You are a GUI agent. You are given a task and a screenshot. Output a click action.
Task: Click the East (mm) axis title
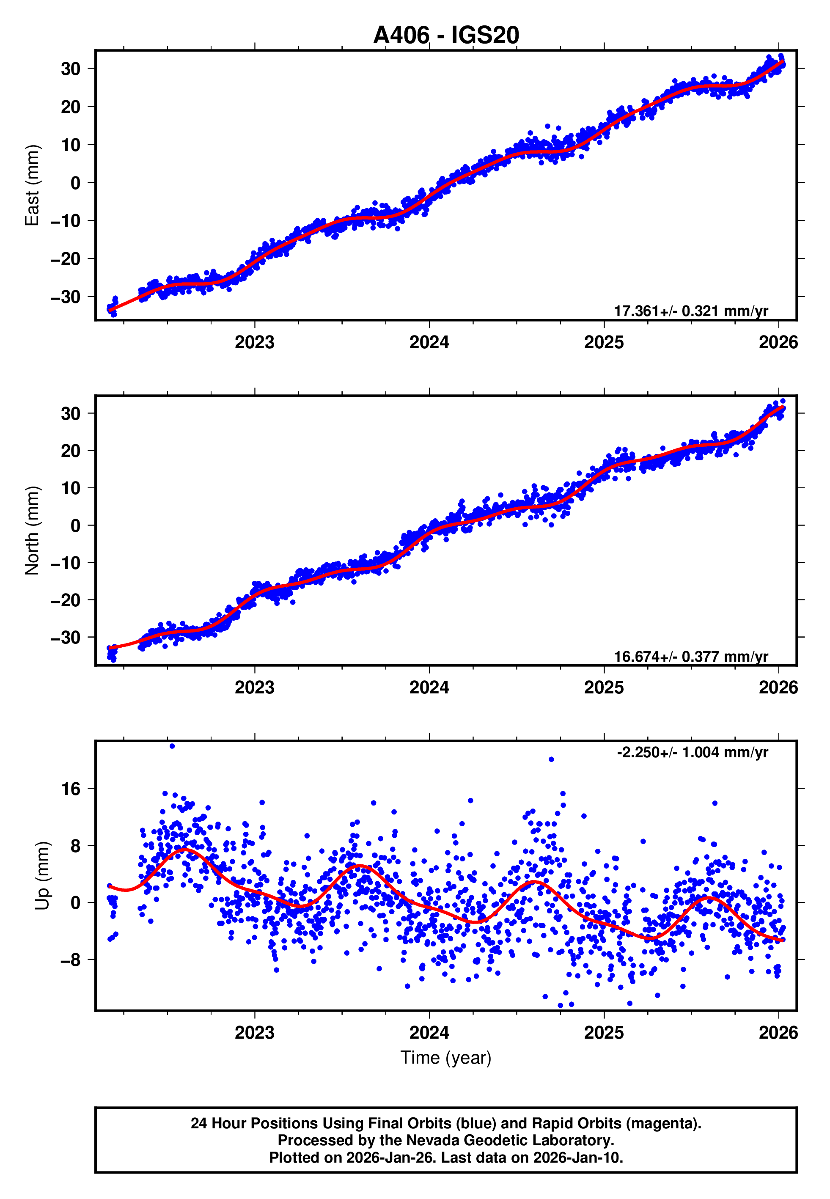(x=32, y=185)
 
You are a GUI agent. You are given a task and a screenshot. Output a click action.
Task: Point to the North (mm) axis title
(x=32, y=531)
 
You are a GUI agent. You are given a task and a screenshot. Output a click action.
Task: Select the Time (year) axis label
(x=446, y=1058)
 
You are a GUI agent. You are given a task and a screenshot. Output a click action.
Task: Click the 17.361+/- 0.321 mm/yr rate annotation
(x=691, y=311)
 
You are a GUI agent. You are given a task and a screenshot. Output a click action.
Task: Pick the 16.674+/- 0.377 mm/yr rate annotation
(x=691, y=656)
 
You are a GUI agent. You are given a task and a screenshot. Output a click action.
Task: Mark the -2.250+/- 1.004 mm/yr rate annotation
(x=692, y=752)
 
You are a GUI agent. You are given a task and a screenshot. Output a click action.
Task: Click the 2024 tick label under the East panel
(x=429, y=342)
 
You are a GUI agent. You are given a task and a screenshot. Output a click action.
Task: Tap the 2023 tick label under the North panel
(x=254, y=687)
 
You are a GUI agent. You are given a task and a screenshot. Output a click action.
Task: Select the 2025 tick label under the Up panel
(x=604, y=1032)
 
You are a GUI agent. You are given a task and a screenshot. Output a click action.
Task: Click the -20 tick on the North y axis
(x=66, y=600)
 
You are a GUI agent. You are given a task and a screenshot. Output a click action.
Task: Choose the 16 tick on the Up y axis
(x=71, y=789)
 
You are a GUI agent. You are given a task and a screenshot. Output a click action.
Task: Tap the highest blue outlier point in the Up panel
(x=172, y=746)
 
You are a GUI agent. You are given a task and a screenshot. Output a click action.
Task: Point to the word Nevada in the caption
(x=431, y=1140)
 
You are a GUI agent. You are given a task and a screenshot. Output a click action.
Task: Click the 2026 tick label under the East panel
(x=778, y=342)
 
